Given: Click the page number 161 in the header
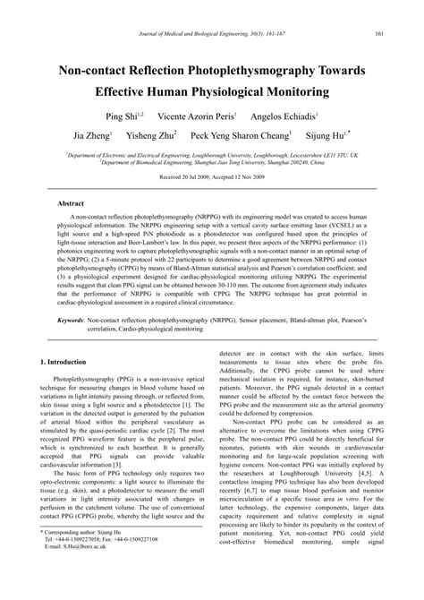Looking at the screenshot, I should coord(378,34).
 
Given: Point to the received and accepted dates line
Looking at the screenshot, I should coord(211,178).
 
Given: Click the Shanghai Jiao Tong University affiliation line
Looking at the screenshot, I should coord(212,163).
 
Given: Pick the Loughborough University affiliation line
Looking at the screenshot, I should coord(212,155).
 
